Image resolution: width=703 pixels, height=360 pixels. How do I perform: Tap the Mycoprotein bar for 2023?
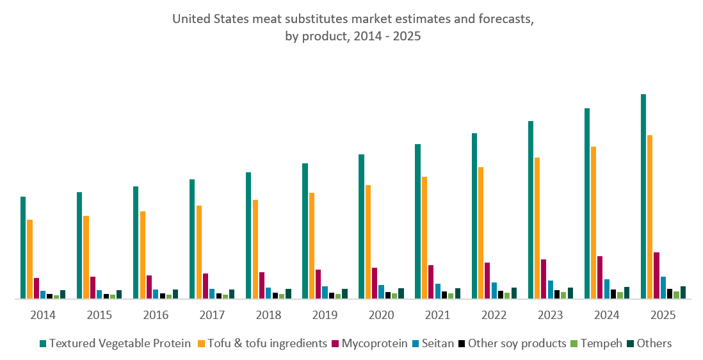[544, 279]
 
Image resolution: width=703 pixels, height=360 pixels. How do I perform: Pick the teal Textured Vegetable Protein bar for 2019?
[305, 231]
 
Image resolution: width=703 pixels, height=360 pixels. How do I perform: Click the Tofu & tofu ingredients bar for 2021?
[424, 237]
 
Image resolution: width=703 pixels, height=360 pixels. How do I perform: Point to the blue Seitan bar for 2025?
[663, 287]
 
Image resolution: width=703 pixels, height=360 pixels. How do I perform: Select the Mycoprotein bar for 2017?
[206, 286]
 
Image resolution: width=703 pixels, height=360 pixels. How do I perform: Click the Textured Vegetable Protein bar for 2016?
[136, 242]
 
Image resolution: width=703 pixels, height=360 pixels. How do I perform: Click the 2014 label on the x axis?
[42, 315]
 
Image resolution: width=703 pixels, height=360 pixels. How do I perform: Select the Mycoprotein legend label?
[374, 343]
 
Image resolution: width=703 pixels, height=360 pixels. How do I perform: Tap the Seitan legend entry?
[438, 343]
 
